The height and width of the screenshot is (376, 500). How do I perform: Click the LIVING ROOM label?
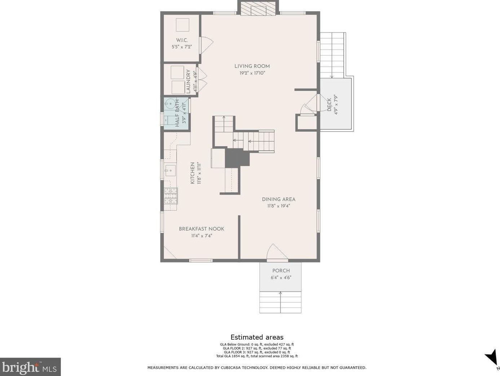coord(252,66)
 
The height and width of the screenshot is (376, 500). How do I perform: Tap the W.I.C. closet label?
coord(182,40)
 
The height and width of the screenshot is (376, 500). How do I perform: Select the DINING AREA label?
coord(279,199)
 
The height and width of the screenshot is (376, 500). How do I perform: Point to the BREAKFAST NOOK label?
coord(202,229)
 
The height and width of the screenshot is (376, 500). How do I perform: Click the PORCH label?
coord(281,271)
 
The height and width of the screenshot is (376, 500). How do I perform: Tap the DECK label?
coord(329,105)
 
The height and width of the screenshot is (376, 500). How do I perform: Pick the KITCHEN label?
coord(192,173)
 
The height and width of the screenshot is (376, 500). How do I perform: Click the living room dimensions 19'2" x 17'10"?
coord(252,73)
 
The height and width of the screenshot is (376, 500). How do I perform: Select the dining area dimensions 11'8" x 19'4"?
coord(279,206)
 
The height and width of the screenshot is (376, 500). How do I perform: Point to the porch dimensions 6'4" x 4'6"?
coord(281,278)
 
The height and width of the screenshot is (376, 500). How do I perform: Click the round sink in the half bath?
coord(170,104)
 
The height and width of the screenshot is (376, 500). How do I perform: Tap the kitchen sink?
coord(170,171)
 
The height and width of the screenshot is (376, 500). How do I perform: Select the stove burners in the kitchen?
coord(171,196)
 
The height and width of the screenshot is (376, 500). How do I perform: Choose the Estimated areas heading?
coord(257,337)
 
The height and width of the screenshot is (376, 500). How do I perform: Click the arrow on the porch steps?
coord(280,302)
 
